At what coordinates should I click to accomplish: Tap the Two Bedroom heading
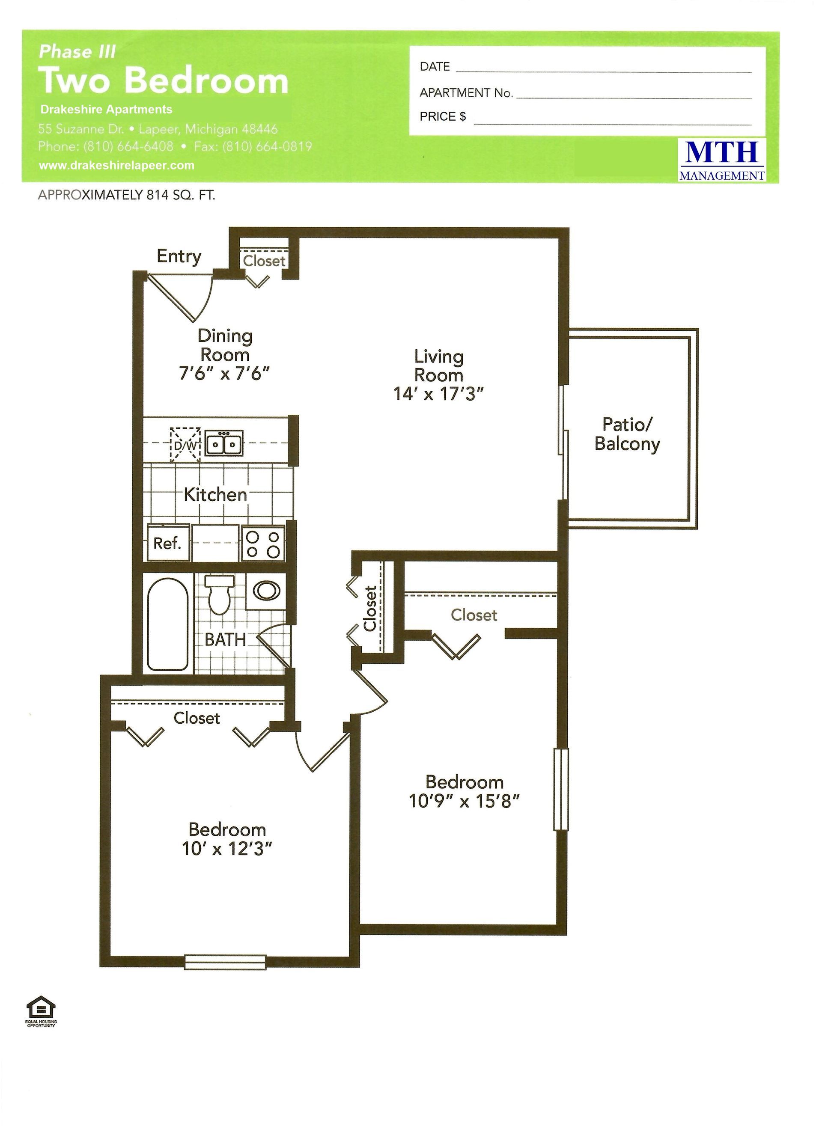tap(164, 80)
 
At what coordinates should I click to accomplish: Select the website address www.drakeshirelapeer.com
tap(117, 165)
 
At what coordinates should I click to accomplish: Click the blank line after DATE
tap(604, 73)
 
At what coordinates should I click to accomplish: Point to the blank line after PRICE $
tap(613, 124)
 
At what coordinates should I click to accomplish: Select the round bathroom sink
tap(266, 591)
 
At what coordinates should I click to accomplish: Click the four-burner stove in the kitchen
tap(263, 544)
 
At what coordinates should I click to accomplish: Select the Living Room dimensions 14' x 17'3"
tap(439, 394)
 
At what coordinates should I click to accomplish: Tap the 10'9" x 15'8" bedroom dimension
tap(465, 801)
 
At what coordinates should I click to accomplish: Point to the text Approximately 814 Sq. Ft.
tap(127, 195)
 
